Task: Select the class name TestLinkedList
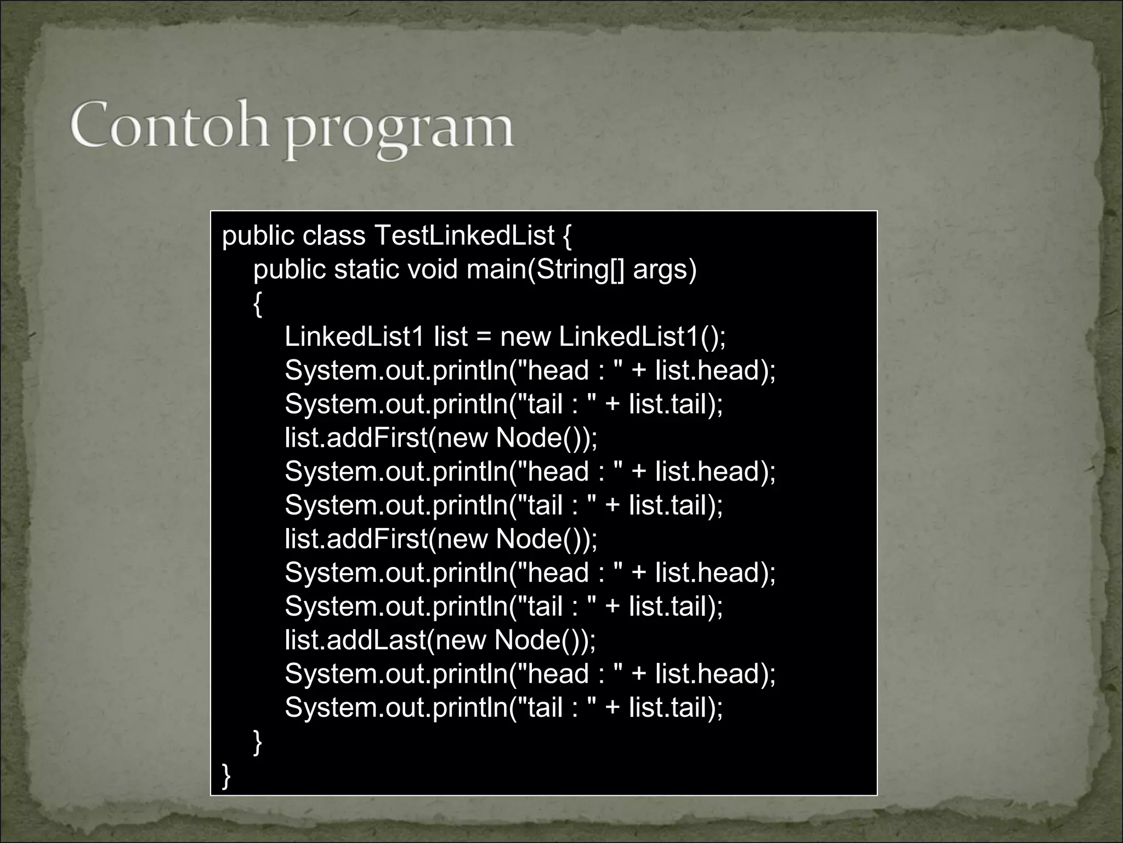[x=464, y=236]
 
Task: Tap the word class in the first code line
[x=333, y=236]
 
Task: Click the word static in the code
[x=366, y=269]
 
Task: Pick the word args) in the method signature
[x=665, y=269]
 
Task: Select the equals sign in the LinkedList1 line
[x=484, y=336]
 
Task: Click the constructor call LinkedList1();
[x=642, y=336]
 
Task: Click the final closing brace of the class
[x=226, y=775]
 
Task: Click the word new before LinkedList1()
[x=525, y=336]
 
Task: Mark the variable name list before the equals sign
[x=451, y=336]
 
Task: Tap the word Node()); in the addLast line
[x=545, y=640]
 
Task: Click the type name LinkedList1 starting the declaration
[x=355, y=336]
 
